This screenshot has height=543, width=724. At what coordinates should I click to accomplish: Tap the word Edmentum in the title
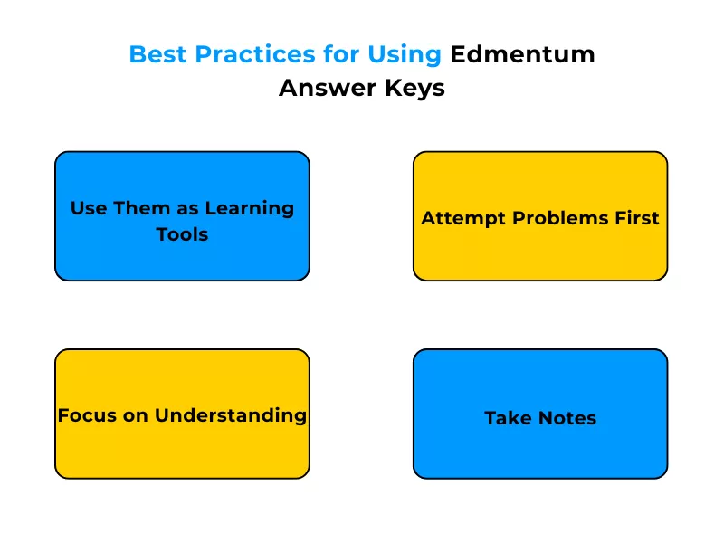(x=523, y=54)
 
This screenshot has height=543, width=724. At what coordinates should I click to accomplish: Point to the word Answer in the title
(x=321, y=89)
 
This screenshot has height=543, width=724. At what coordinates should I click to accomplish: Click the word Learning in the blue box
(x=250, y=208)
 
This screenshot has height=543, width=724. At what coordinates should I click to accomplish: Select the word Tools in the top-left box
(x=182, y=234)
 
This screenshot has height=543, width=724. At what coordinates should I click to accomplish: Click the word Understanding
(x=231, y=415)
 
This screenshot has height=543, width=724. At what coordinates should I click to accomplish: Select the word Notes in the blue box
(x=567, y=418)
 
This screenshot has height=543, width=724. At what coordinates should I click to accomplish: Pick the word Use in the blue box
(x=89, y=208)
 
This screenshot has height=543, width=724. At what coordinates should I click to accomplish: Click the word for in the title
(x=342, y=54)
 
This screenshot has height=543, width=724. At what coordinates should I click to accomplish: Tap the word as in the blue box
(x=187, y=208)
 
